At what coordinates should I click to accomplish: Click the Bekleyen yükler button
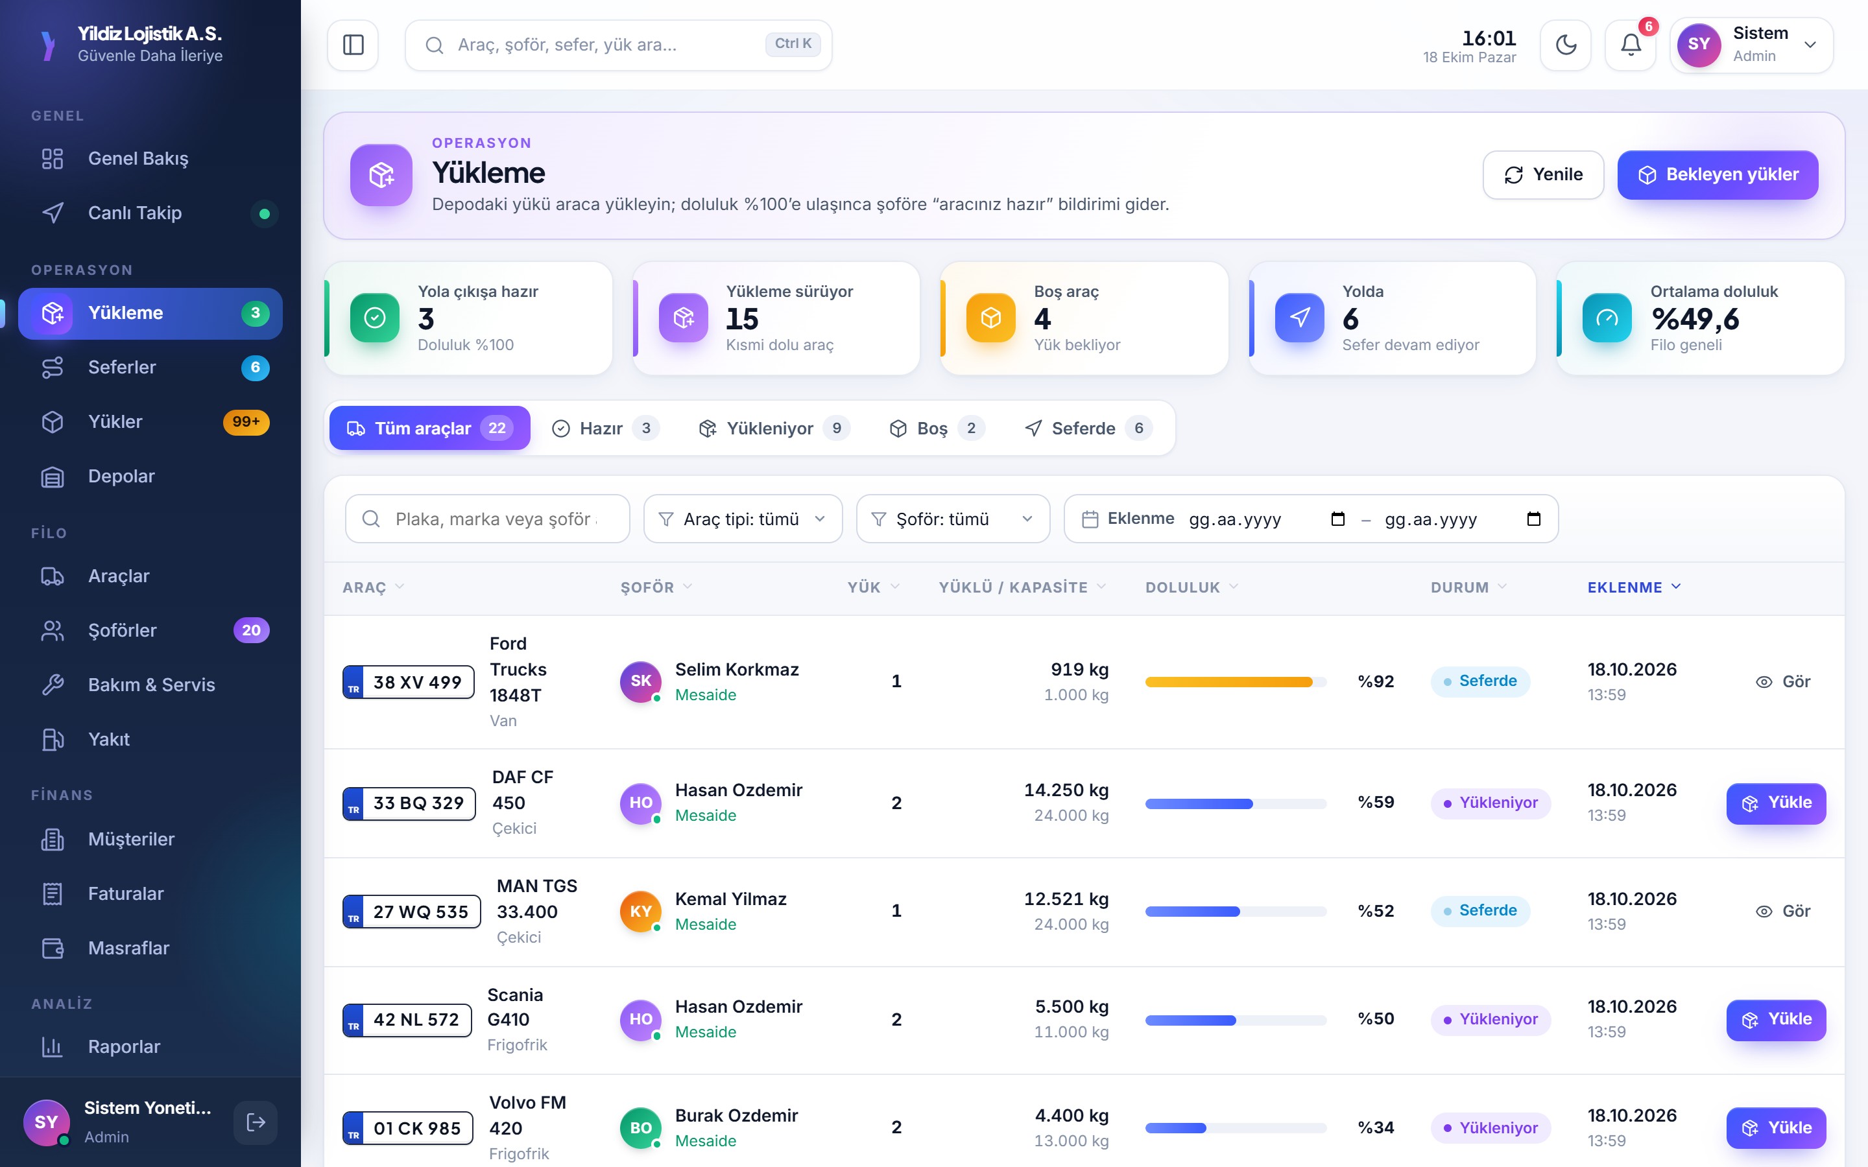(x=1718, y=174)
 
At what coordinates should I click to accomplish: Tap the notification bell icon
(x=1630, y=45)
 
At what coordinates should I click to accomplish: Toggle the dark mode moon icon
(x=1565, y=45)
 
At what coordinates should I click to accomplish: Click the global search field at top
(x=618, y=45)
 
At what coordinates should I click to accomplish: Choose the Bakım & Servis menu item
(x=150, y=685)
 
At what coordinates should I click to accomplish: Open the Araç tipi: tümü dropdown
(x=743, y=519)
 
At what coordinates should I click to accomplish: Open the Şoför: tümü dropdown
(x=953, y=519)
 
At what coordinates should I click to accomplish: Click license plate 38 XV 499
(x=409, y=682)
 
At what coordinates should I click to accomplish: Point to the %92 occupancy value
(x=1376, y=681)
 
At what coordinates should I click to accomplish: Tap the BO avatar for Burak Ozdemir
(x=641, y=1127)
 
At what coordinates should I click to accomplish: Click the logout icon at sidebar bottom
(x=256, y=1122)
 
